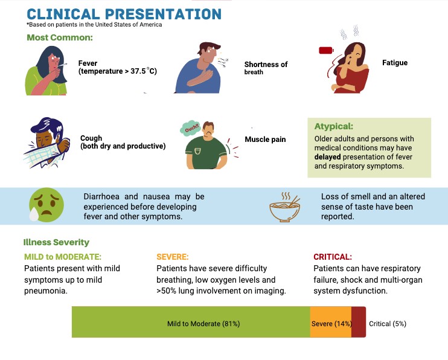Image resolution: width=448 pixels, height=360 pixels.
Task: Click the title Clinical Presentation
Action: (124, 14)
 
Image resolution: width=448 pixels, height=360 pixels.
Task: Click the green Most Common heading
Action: (60, 37)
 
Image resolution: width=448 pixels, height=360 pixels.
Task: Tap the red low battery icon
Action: (326, 51)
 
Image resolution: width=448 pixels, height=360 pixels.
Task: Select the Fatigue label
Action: (395, 63)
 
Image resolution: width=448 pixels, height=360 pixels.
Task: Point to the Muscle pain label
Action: (265, 140)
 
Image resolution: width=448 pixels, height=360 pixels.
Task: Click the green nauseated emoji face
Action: (46, 205)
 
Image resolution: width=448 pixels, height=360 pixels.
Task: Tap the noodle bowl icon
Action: (285, 207)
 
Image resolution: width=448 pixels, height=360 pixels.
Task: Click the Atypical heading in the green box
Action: (334, 126)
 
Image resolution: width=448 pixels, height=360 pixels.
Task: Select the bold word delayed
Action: (327, 156)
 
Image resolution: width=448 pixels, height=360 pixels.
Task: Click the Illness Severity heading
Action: (56, 242)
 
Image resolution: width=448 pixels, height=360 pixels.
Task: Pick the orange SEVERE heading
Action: (173, 257)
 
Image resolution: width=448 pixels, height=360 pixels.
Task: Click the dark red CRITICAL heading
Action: (333, 257)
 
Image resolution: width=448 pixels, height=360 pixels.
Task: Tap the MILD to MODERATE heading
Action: (63, 257)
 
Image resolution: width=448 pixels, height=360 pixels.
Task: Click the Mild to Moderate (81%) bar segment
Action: (191, 322)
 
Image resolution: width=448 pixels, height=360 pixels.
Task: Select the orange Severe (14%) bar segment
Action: (331, 322)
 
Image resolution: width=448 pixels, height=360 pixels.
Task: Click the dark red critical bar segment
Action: (359, 322)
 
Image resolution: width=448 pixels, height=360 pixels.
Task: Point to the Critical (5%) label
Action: (388, 324)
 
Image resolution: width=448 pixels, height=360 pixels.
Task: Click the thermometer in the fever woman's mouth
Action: (63, 65)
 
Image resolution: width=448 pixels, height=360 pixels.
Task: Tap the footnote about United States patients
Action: (94, 25)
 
